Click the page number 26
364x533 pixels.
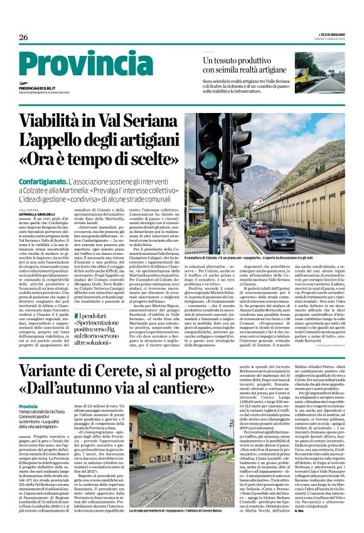click(x=24, y=37)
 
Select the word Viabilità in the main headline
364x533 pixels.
click(x=58, y=118)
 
